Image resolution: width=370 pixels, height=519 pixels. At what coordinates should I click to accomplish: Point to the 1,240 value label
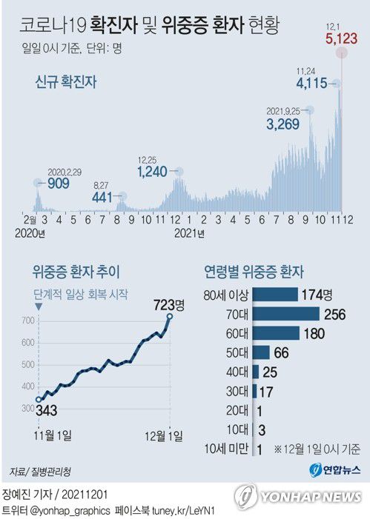[156, 172]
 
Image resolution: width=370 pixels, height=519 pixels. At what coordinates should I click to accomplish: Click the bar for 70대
[285, 313]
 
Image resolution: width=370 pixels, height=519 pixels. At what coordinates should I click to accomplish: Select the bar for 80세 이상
[275, 294]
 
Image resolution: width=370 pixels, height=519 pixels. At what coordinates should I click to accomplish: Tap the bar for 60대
[276, 332]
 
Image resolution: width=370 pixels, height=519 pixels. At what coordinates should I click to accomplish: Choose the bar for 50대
[261, 352]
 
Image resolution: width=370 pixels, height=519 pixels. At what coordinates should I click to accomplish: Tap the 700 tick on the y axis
[27, 321]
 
